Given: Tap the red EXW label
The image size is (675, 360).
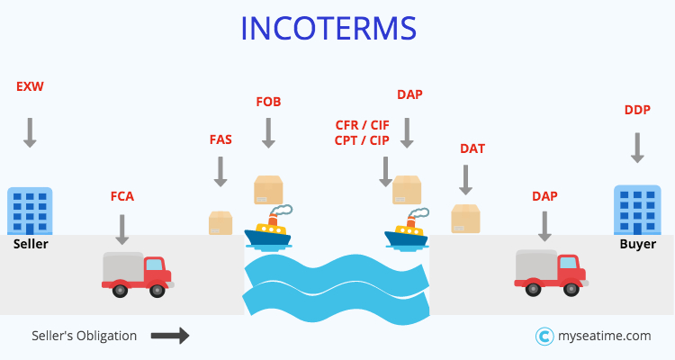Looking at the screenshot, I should click(x=30, y=87).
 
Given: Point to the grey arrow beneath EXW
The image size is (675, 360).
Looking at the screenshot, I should click(x=30, y=131).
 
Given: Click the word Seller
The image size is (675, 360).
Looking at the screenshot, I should click(x=31, y=244).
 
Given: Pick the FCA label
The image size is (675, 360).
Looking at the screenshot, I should click(x=121, y=196).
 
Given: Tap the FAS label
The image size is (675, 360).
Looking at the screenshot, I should click(x=220, y=140).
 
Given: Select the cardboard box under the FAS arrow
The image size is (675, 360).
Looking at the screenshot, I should click(x=220, y=222).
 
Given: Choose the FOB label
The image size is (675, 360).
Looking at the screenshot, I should click(x=268, y=102).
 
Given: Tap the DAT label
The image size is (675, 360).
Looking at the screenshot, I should click(x=472, y=148).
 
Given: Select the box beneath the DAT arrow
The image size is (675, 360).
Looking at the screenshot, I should click(x=465, y=219).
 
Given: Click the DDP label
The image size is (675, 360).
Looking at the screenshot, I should click(x=637, y=110).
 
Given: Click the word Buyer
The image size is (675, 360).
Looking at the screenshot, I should click(x=637, y=244).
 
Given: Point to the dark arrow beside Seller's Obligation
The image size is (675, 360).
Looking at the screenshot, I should click(x=169, y=336).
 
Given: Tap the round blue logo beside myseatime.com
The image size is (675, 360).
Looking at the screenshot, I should click(x=544, y=336).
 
